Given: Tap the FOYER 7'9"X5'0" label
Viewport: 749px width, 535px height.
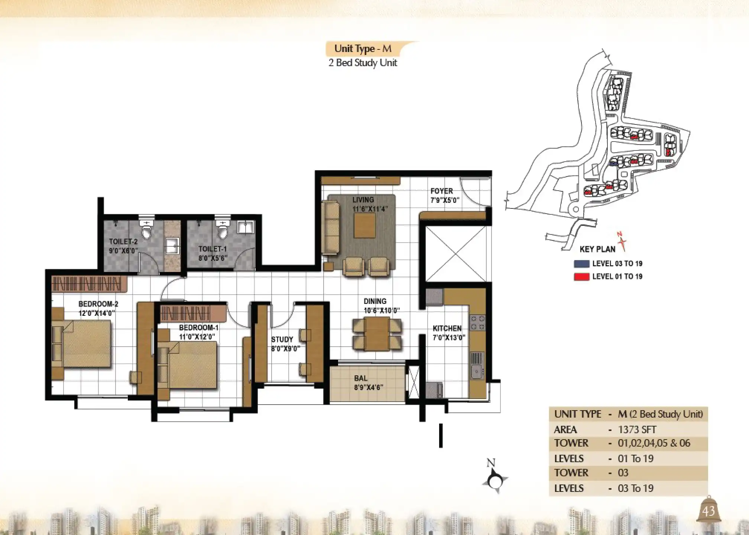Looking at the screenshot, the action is coord(444,195).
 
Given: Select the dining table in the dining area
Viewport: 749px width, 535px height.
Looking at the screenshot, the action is coord(377,334).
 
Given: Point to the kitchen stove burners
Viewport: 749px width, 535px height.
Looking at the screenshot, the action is coord(477,322).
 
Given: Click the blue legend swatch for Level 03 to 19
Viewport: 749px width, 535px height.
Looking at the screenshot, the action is coord(581,264).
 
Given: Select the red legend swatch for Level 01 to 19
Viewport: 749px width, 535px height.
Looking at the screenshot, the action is coord(581,277).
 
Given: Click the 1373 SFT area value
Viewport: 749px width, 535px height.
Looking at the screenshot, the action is coord(637,430).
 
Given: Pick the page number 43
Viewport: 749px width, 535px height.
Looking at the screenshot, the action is coord(709,511).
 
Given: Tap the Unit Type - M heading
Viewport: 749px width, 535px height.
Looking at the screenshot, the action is coord(363,49).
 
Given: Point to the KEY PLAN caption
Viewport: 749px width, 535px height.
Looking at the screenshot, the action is coord(597,249).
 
